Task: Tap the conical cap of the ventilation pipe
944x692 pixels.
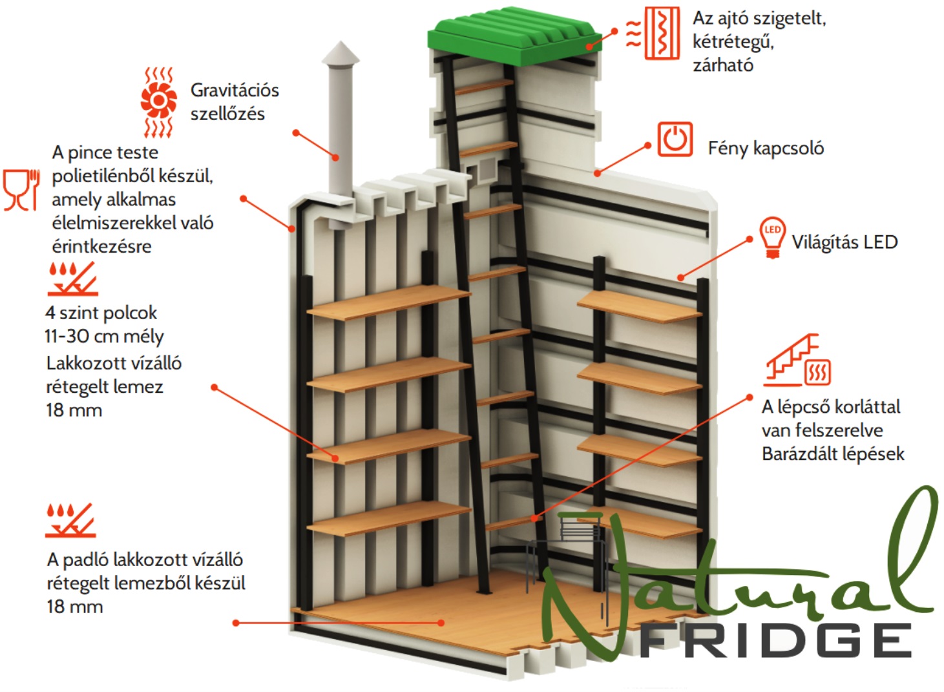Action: click(x=341, y=54)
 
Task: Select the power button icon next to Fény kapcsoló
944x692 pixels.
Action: click(x=675, y=139)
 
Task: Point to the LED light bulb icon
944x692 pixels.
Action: click(x=772, y=237)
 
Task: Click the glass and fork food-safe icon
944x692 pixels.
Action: click(x=21, y=190)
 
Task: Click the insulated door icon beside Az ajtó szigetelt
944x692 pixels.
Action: click(x=653, y=33)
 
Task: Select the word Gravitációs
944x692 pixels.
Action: click(x=235, y=90)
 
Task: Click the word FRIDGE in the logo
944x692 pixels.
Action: click(x=776, y=640)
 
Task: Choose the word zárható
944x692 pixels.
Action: click(x=723, y=65)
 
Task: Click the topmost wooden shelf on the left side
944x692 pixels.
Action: click(x=388, y=302)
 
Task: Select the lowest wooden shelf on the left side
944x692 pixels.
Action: click(x=388, y=518)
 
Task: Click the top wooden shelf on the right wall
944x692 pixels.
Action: click(x=639, y=306)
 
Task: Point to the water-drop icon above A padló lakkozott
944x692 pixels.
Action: click(x=70, y=520)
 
